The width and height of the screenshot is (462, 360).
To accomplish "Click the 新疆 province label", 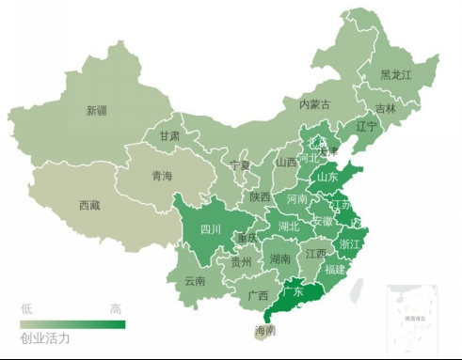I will click(x=97, y=111).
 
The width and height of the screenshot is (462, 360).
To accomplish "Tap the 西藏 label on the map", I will click(x=89, y=205).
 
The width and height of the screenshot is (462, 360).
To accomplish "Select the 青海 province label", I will click(x=162, y=176).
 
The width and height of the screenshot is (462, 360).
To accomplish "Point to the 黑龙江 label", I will click(x=395, y=75).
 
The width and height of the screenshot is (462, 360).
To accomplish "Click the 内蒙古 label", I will click(x=314, y=104).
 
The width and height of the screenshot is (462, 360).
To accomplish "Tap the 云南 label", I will click(x=195, y=280).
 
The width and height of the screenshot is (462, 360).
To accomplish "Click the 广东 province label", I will click(x=294, y=292).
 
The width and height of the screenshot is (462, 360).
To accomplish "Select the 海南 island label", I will click(x=266, y=331).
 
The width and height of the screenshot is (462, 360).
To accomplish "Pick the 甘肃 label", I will click(x=169, y=135).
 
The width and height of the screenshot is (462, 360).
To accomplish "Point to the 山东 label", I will click(x=327, y=176).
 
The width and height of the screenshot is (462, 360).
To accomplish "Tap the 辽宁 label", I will click(x=366, y=126).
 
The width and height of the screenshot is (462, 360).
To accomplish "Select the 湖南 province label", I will click(x=279, y=258).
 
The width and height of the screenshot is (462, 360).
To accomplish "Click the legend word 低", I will click(x=27, y=308).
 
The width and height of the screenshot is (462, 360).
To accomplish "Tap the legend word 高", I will click(x=115, y=308).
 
